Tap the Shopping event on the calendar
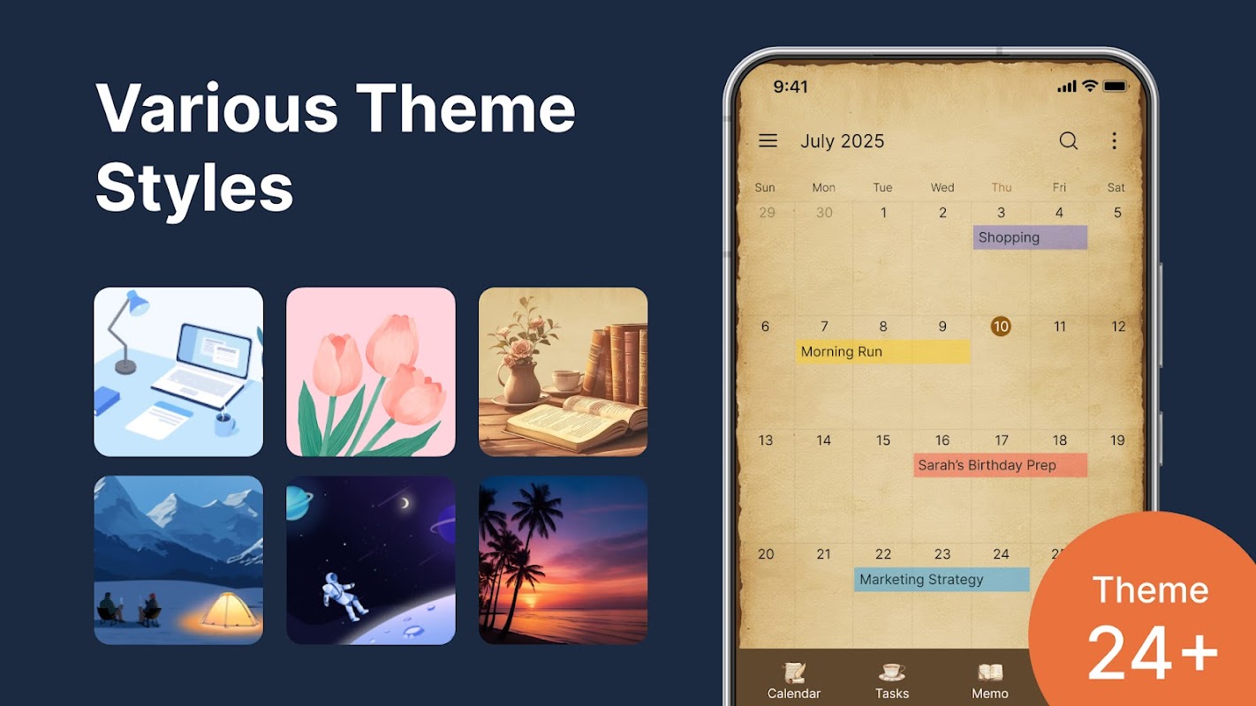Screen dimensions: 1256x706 click(1030, 237)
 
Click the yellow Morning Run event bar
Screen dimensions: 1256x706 click(882, 351)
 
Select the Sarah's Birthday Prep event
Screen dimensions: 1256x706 click(1001, 465)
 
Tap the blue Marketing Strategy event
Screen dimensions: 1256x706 click(942, 580)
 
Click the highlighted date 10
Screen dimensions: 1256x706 click(1001, 327)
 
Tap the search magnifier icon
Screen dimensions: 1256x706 click(1069, 140)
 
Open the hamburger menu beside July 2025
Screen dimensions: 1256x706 click(768, 140)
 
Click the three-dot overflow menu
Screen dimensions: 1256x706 click(1114, 140)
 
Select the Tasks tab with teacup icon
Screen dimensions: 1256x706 click(892, 680)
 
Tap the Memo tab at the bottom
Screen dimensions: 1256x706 click(990, 680)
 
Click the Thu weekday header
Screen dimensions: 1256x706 click(1002, 188)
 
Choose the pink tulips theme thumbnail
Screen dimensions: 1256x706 click(371, 372)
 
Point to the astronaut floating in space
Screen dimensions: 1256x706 click(344, 597)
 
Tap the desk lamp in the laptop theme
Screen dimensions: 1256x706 click(127, 332)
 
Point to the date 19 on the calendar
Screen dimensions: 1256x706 click(1117, 440)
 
